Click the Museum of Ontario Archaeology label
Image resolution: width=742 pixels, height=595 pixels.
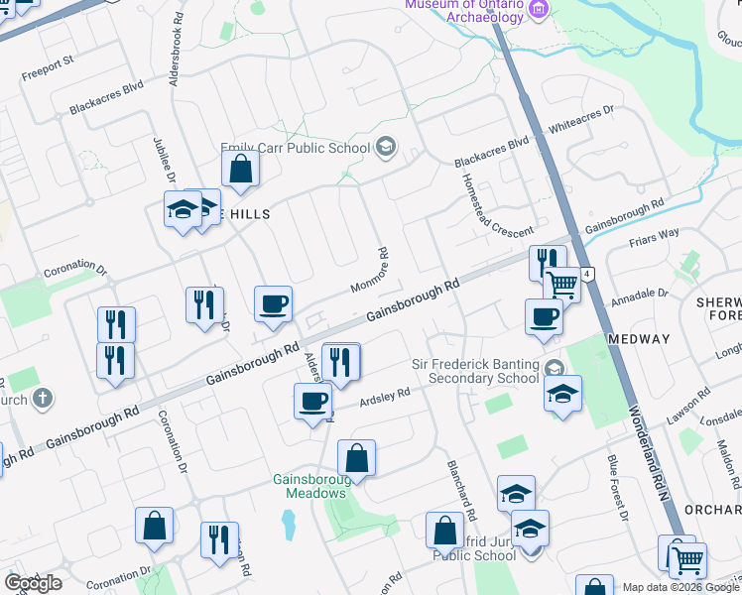click(464, 10)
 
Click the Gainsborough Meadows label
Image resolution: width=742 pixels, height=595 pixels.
click(309, 486)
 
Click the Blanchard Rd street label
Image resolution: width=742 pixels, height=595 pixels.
click(462, 489)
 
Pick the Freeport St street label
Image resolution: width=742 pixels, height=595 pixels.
click(49, 61)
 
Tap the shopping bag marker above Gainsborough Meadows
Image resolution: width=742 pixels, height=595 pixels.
click(356, 458)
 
